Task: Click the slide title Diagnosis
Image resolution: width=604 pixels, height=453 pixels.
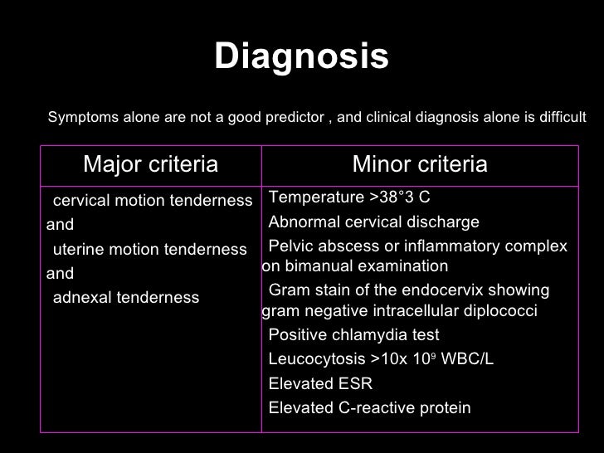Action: [x=301, y=57]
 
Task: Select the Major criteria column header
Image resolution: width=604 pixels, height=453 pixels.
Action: [x=151, y=165]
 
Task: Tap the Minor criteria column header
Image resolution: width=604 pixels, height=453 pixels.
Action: [x=420, y=165]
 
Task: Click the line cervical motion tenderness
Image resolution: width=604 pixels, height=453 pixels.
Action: [x=152, y=201]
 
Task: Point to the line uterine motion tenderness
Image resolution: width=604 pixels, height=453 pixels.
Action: [x=149, y=250]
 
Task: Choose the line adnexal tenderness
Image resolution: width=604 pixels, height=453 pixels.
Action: [x=125, y=297]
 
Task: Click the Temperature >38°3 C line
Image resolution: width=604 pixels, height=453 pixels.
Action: [x=349, y=197]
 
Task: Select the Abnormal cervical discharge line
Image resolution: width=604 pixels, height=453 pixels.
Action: [x=374, y=222]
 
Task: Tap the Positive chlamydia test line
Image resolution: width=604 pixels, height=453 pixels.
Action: [x=354, y=335]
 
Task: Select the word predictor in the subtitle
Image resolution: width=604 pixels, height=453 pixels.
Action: [x=295, y=118]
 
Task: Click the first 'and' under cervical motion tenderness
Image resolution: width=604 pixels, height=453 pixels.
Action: [x=60, y=224]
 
